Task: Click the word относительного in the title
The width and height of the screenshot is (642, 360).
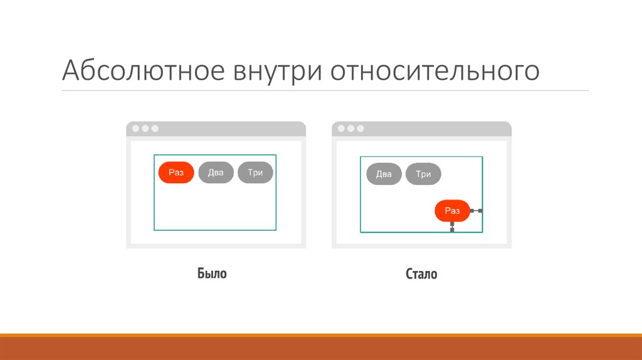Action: click(435, 71)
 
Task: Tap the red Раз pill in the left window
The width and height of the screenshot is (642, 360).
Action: click(176, 172)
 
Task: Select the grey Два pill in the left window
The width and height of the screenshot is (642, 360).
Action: click(216, 172)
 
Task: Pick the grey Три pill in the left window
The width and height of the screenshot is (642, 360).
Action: click(255, 172)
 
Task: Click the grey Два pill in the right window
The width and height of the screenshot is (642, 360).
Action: click(384, 174)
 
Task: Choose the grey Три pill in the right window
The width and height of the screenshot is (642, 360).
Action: click(423, 174)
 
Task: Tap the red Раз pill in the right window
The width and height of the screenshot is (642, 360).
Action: click(452, 211)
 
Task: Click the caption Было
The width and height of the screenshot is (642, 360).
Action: click(212, 274)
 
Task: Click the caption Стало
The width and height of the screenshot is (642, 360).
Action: click(421, 274)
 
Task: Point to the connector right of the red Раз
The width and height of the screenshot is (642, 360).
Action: click(476, 211)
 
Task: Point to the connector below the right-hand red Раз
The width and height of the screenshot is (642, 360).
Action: click(452, 227)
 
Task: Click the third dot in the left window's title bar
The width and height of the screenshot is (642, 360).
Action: click(155, 129)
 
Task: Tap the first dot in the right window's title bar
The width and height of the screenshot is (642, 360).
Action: click(342, 129)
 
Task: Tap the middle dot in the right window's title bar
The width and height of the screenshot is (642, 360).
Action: click(351, 129)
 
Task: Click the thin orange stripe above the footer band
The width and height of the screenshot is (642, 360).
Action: click(321, 335)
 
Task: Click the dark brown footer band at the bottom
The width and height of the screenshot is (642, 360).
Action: click(321, 349)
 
